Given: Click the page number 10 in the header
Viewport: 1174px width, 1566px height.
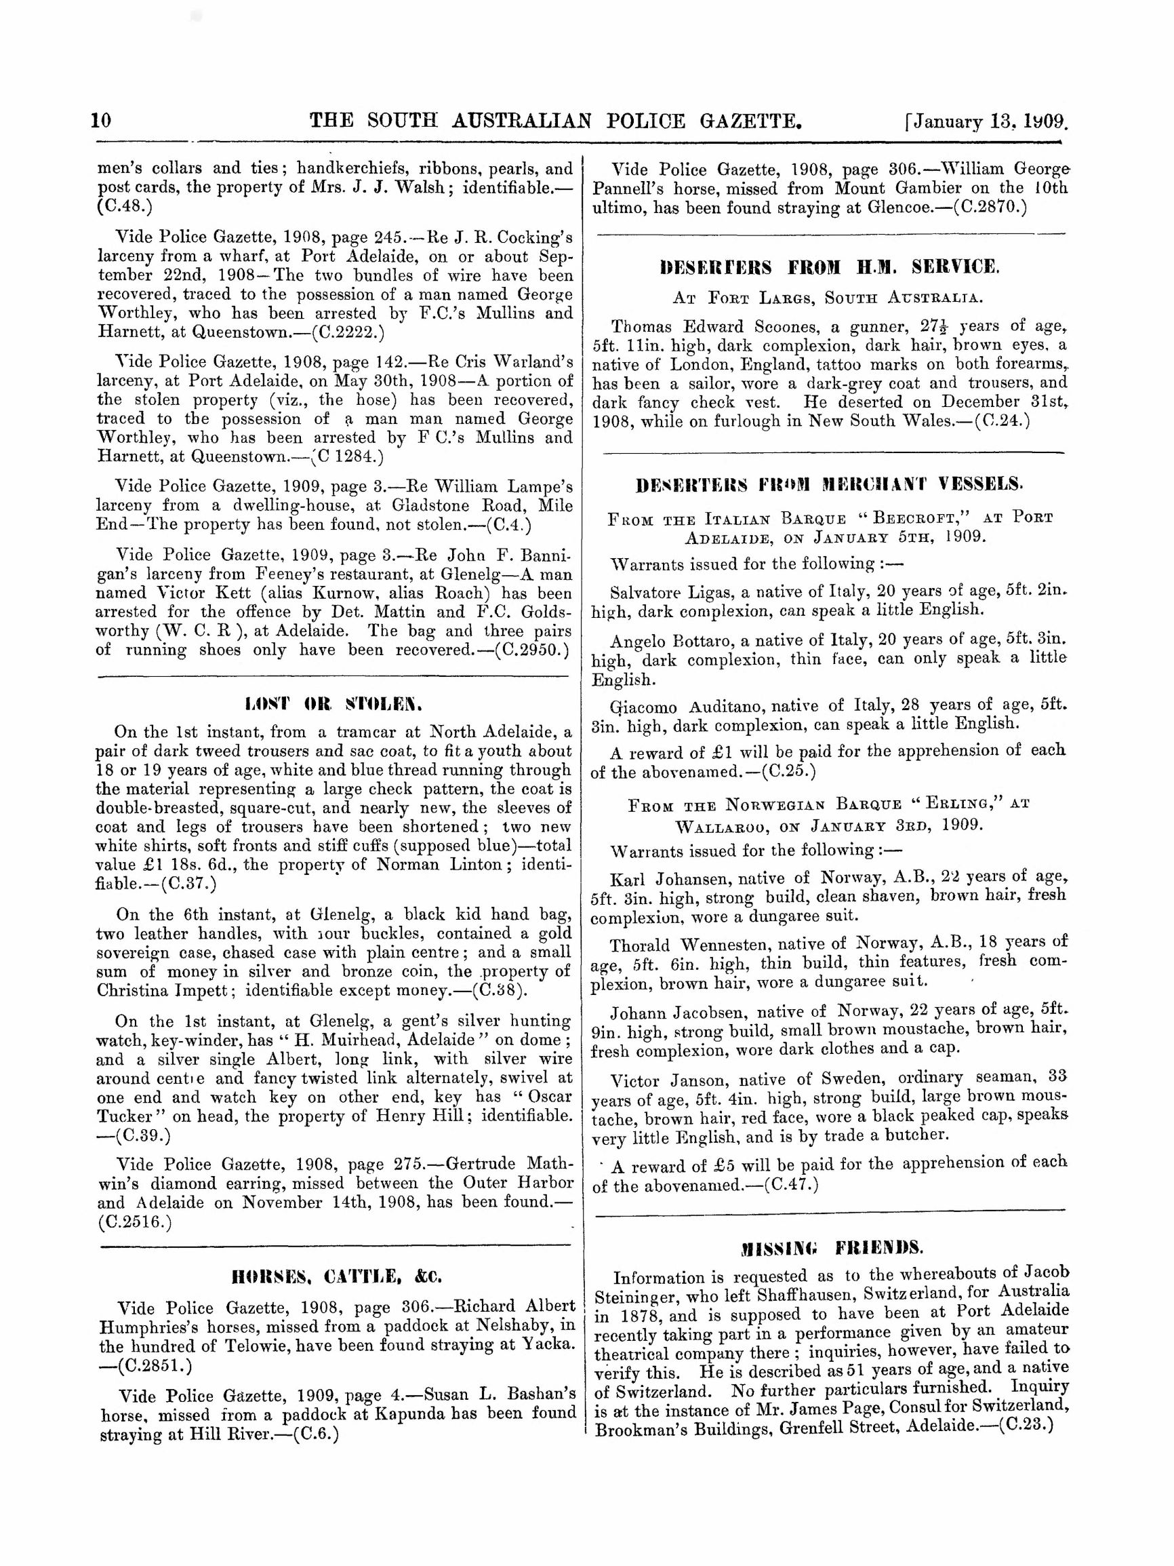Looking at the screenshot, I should pyautogui.click(x=101, y=120).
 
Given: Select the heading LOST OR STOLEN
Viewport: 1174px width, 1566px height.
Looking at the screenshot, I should pyautogui.click(x=333, y=705).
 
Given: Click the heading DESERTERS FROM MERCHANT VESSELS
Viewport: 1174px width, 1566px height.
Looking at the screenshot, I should pyautogui.click(x=830, y=485).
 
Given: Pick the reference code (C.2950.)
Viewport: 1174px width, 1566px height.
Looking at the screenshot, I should pyautogui.click(x=531, y=650).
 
